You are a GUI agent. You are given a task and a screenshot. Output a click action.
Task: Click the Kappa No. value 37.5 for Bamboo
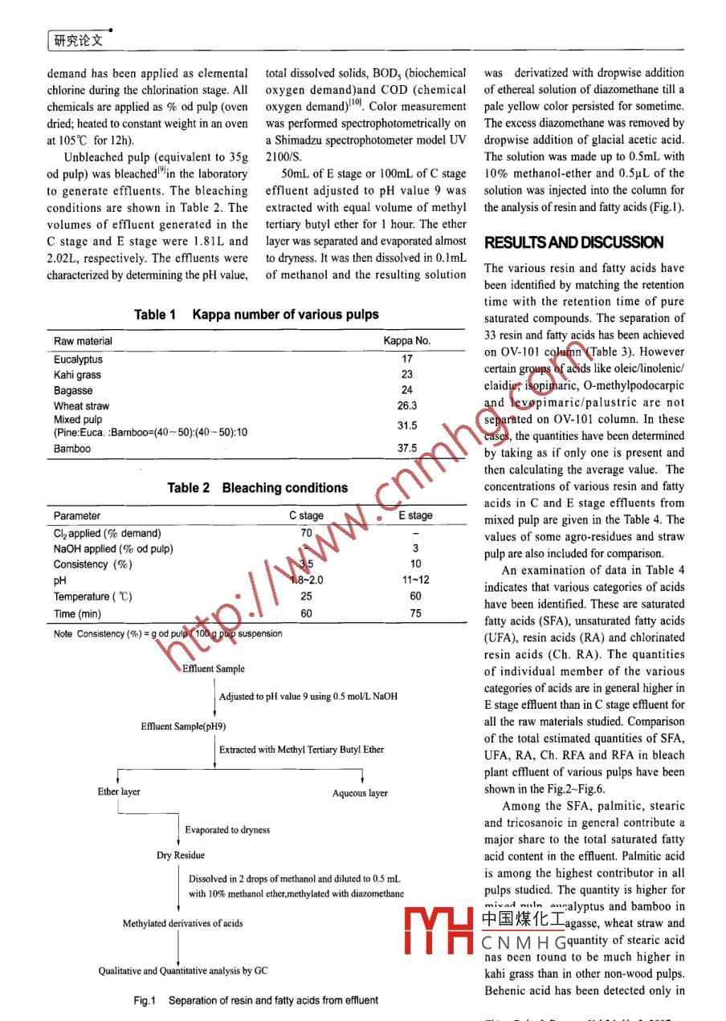[407, 449]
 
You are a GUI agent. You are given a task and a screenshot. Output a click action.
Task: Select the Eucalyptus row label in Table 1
[78, 360]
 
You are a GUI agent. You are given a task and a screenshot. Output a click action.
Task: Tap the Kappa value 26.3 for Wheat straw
[407, 406]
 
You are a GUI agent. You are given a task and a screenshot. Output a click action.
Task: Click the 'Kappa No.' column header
[407, 341]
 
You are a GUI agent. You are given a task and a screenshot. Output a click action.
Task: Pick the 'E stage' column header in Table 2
[415, 515]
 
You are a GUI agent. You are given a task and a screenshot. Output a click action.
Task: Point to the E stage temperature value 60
[415, 596]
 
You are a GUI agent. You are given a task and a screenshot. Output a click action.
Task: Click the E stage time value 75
[415, 614]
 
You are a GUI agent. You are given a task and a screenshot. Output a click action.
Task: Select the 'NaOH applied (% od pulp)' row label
[113, 549]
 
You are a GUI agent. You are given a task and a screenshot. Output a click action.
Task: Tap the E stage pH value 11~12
[415, 580]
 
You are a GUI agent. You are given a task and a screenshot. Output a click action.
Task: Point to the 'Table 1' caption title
[256, 315]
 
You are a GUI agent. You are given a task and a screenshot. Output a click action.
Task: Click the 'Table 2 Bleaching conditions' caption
[257, 488]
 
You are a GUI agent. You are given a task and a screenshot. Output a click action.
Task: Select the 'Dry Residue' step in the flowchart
[180, 855]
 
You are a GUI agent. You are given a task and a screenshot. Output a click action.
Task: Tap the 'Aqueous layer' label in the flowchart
[360, 793]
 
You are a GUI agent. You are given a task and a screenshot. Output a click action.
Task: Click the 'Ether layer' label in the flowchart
[119, 791]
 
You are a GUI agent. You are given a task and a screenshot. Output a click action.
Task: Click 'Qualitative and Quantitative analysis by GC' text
[183, 971]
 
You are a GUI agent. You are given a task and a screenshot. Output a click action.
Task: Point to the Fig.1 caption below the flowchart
[255, 1000]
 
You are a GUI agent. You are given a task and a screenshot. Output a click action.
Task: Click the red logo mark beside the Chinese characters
[438, 932]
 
